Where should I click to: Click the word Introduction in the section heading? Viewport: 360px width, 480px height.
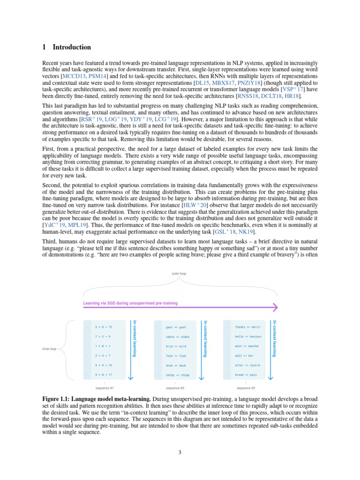[72, 47]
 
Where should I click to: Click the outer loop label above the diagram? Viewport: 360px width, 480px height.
[180, 274]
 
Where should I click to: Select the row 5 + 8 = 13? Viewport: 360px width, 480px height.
[104, 327]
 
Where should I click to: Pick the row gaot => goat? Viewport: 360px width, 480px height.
[176, 327]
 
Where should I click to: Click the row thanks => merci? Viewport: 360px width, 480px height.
[247, 327]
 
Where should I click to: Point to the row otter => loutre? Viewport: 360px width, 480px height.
[247, 365]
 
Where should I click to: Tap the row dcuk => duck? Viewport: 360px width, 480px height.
[176, 365]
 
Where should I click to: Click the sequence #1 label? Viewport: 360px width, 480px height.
[105, 388]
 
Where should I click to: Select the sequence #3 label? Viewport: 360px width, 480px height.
[246, 388]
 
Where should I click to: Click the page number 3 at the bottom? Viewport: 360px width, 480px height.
[180, 452]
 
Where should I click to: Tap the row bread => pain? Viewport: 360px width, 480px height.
[246, 375]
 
